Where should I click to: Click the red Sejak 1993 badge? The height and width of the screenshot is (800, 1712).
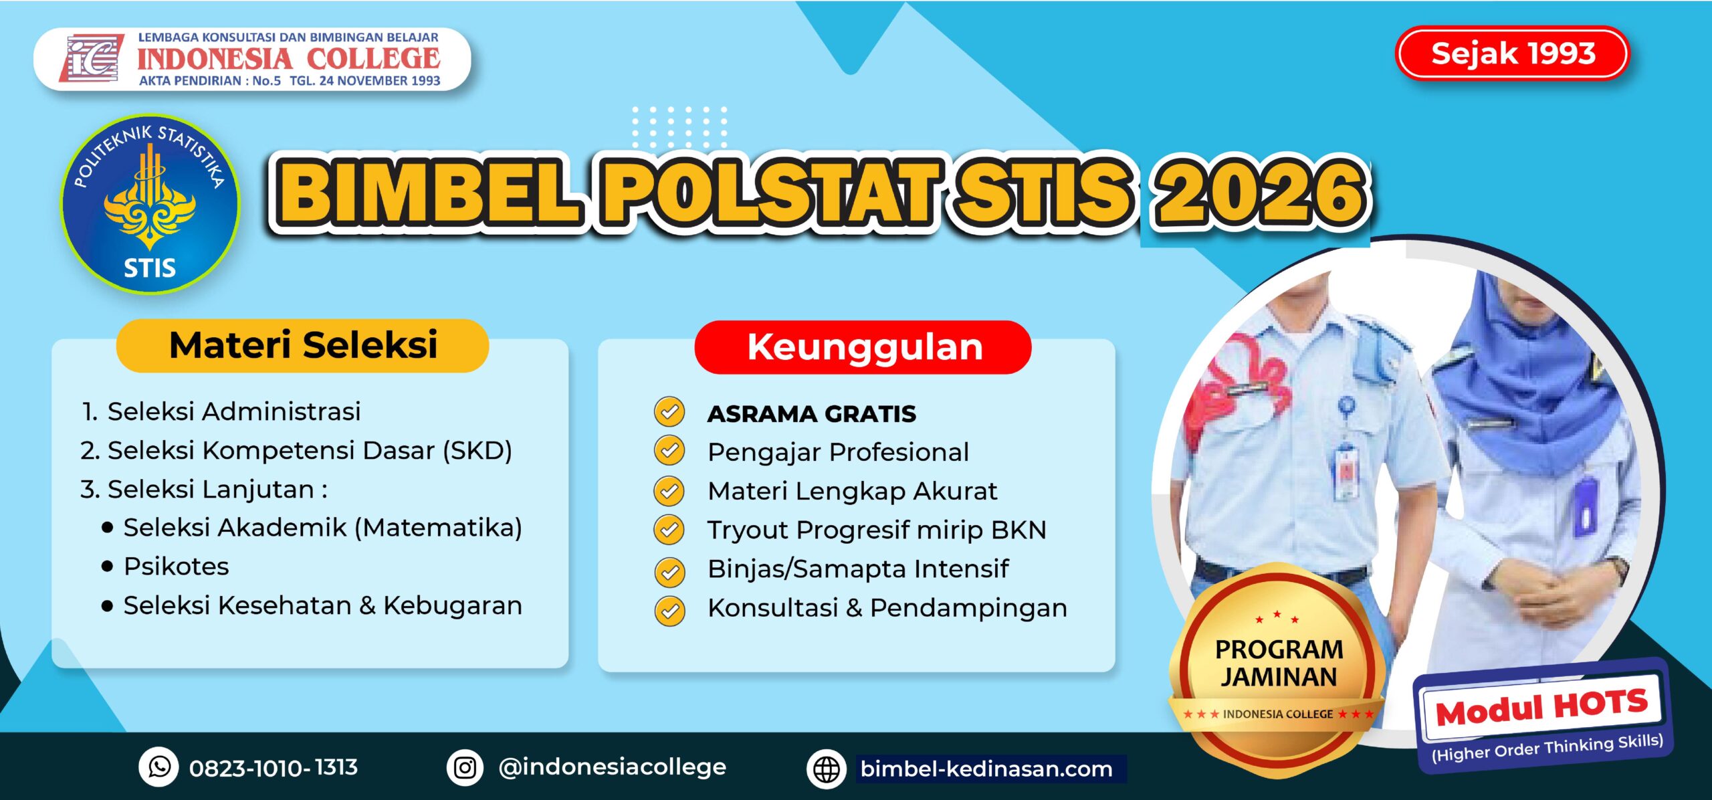tap(1512, 53)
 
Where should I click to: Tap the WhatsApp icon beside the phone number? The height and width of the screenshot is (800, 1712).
tap(158, 767)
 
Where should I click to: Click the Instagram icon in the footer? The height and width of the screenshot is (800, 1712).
tap(465, 767)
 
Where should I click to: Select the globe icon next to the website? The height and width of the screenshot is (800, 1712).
tap(827, 769)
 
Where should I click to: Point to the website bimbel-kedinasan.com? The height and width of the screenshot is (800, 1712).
tap(986, 769)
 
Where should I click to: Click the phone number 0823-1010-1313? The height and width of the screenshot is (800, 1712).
tap(274, 767)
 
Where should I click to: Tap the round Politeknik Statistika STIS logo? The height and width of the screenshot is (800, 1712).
tap(150, 204)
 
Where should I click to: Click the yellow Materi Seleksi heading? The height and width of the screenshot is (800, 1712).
tap(302, 345)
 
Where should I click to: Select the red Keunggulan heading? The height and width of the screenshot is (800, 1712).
tap(863, 347)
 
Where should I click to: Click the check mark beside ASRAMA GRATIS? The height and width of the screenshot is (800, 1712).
tap(669, 411)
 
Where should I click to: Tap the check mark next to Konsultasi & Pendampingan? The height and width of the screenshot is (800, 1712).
tap(669, 610)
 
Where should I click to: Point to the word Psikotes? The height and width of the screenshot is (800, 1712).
tap(176, 567)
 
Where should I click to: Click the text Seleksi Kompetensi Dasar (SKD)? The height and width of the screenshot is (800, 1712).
tap(310, 451)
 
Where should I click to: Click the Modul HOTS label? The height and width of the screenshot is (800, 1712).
tap(1542, 708)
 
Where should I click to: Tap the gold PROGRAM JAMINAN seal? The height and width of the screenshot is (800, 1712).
tap(1277, 669)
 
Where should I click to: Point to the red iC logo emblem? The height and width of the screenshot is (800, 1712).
tap(92, 58)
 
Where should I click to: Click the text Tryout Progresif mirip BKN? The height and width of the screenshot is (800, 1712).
tap(877, 530)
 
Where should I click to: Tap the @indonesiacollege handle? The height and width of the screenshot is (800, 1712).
tap(612, 767)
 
